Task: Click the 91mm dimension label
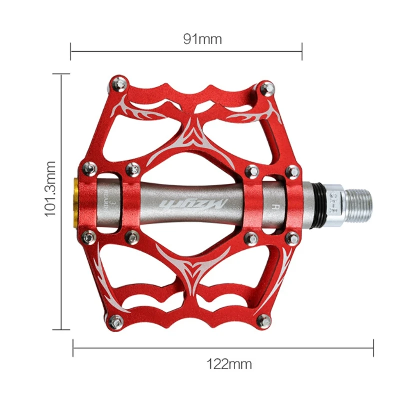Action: [202, 39]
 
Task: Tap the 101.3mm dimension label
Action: [51, 188]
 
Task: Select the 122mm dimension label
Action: [229, 363]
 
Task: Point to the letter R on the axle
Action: [274, 205]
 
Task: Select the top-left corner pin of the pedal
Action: [118, 83]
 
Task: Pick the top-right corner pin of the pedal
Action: [266, 88]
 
